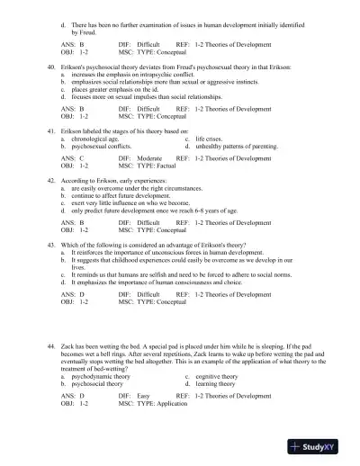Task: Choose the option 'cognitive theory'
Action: click(220, 376)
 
